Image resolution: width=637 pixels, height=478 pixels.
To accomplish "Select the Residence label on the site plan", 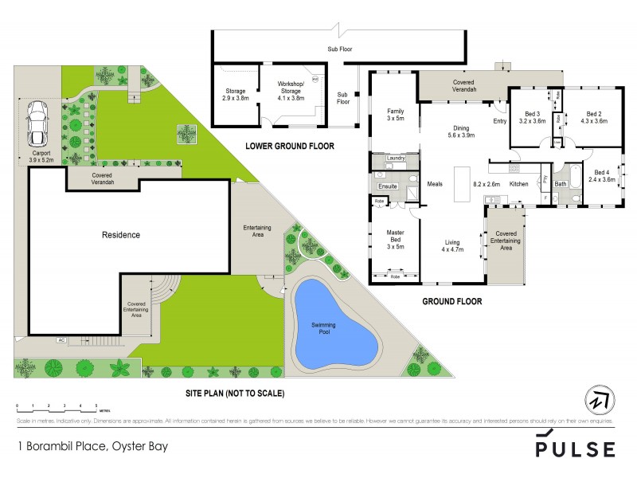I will [120, 235].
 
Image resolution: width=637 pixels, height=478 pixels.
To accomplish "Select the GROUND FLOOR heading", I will [451, 301].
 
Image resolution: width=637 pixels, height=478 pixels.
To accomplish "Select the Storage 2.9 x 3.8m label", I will [236, 95].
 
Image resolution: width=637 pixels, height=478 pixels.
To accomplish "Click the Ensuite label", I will [388, 186].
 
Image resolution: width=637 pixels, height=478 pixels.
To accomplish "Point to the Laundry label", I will [396, 159].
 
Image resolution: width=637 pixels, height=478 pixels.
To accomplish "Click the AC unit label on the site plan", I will [61, 340].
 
